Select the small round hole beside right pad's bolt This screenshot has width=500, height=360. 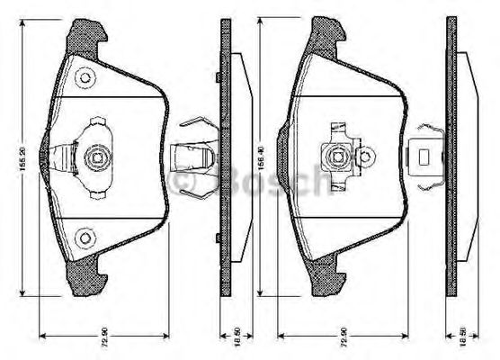pos(365,158)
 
